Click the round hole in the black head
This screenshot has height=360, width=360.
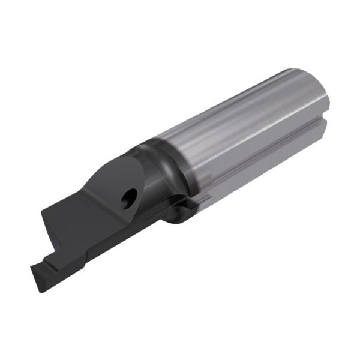click(128, 199)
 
